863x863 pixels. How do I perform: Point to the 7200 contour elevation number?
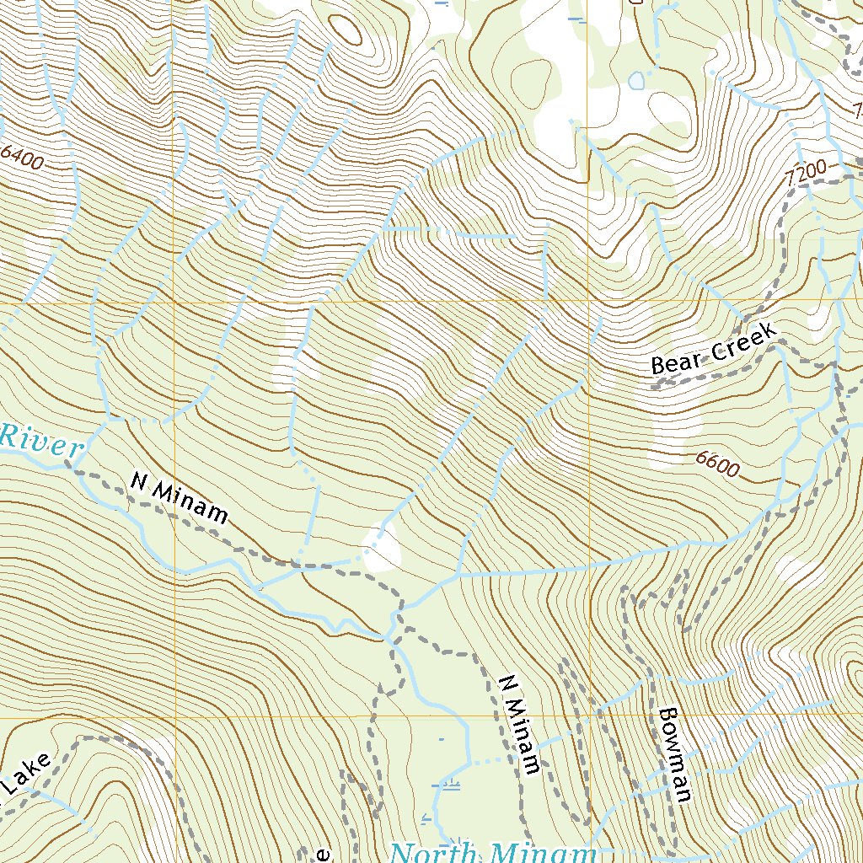804,174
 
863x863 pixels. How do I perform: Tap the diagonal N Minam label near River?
180,497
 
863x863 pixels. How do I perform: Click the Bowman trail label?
676,753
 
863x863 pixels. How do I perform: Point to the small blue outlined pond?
636,81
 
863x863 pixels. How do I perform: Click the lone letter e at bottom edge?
322,855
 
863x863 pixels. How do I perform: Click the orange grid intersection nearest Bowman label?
588,716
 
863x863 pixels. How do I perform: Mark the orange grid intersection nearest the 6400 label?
174,301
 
